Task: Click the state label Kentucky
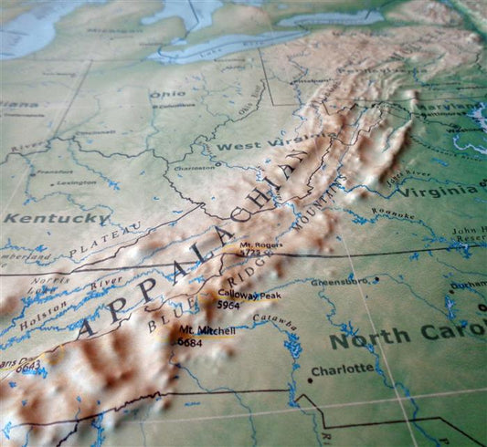pyautogui.click(x=55, y=219)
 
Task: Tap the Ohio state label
pyautogui.click(x=167, y=94)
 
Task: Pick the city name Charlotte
pyautogui.click(x=343, y=369)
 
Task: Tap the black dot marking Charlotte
pyautogui.click(x=309, y=379)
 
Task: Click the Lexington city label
pyautogui.click(x=76, y=182)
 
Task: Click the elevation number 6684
pyautogui.click(x=190, y=343)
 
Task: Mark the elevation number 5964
pyautogui.click(x=228, y=306)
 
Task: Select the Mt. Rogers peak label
pyautogui.click(x=257, y=245)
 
